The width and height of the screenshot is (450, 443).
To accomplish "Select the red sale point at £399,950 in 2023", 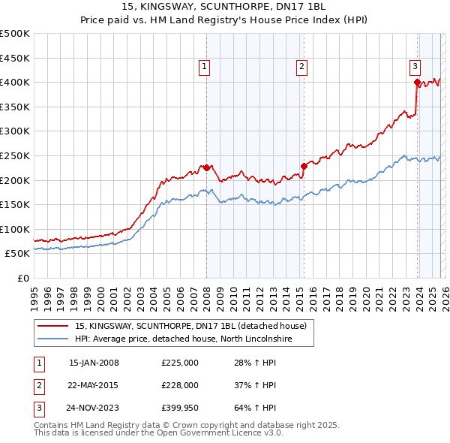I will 417,83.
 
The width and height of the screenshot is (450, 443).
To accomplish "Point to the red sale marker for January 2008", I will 206,167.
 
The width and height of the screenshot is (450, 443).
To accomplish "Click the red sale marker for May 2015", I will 304,166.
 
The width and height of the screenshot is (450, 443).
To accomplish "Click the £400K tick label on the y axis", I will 15,82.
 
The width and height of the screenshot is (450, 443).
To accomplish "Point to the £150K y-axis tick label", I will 15,204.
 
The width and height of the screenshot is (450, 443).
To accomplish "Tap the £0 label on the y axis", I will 22,278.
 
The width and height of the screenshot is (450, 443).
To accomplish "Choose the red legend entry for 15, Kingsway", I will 190,327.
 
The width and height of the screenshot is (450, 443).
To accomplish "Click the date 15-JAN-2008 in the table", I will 94,363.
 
